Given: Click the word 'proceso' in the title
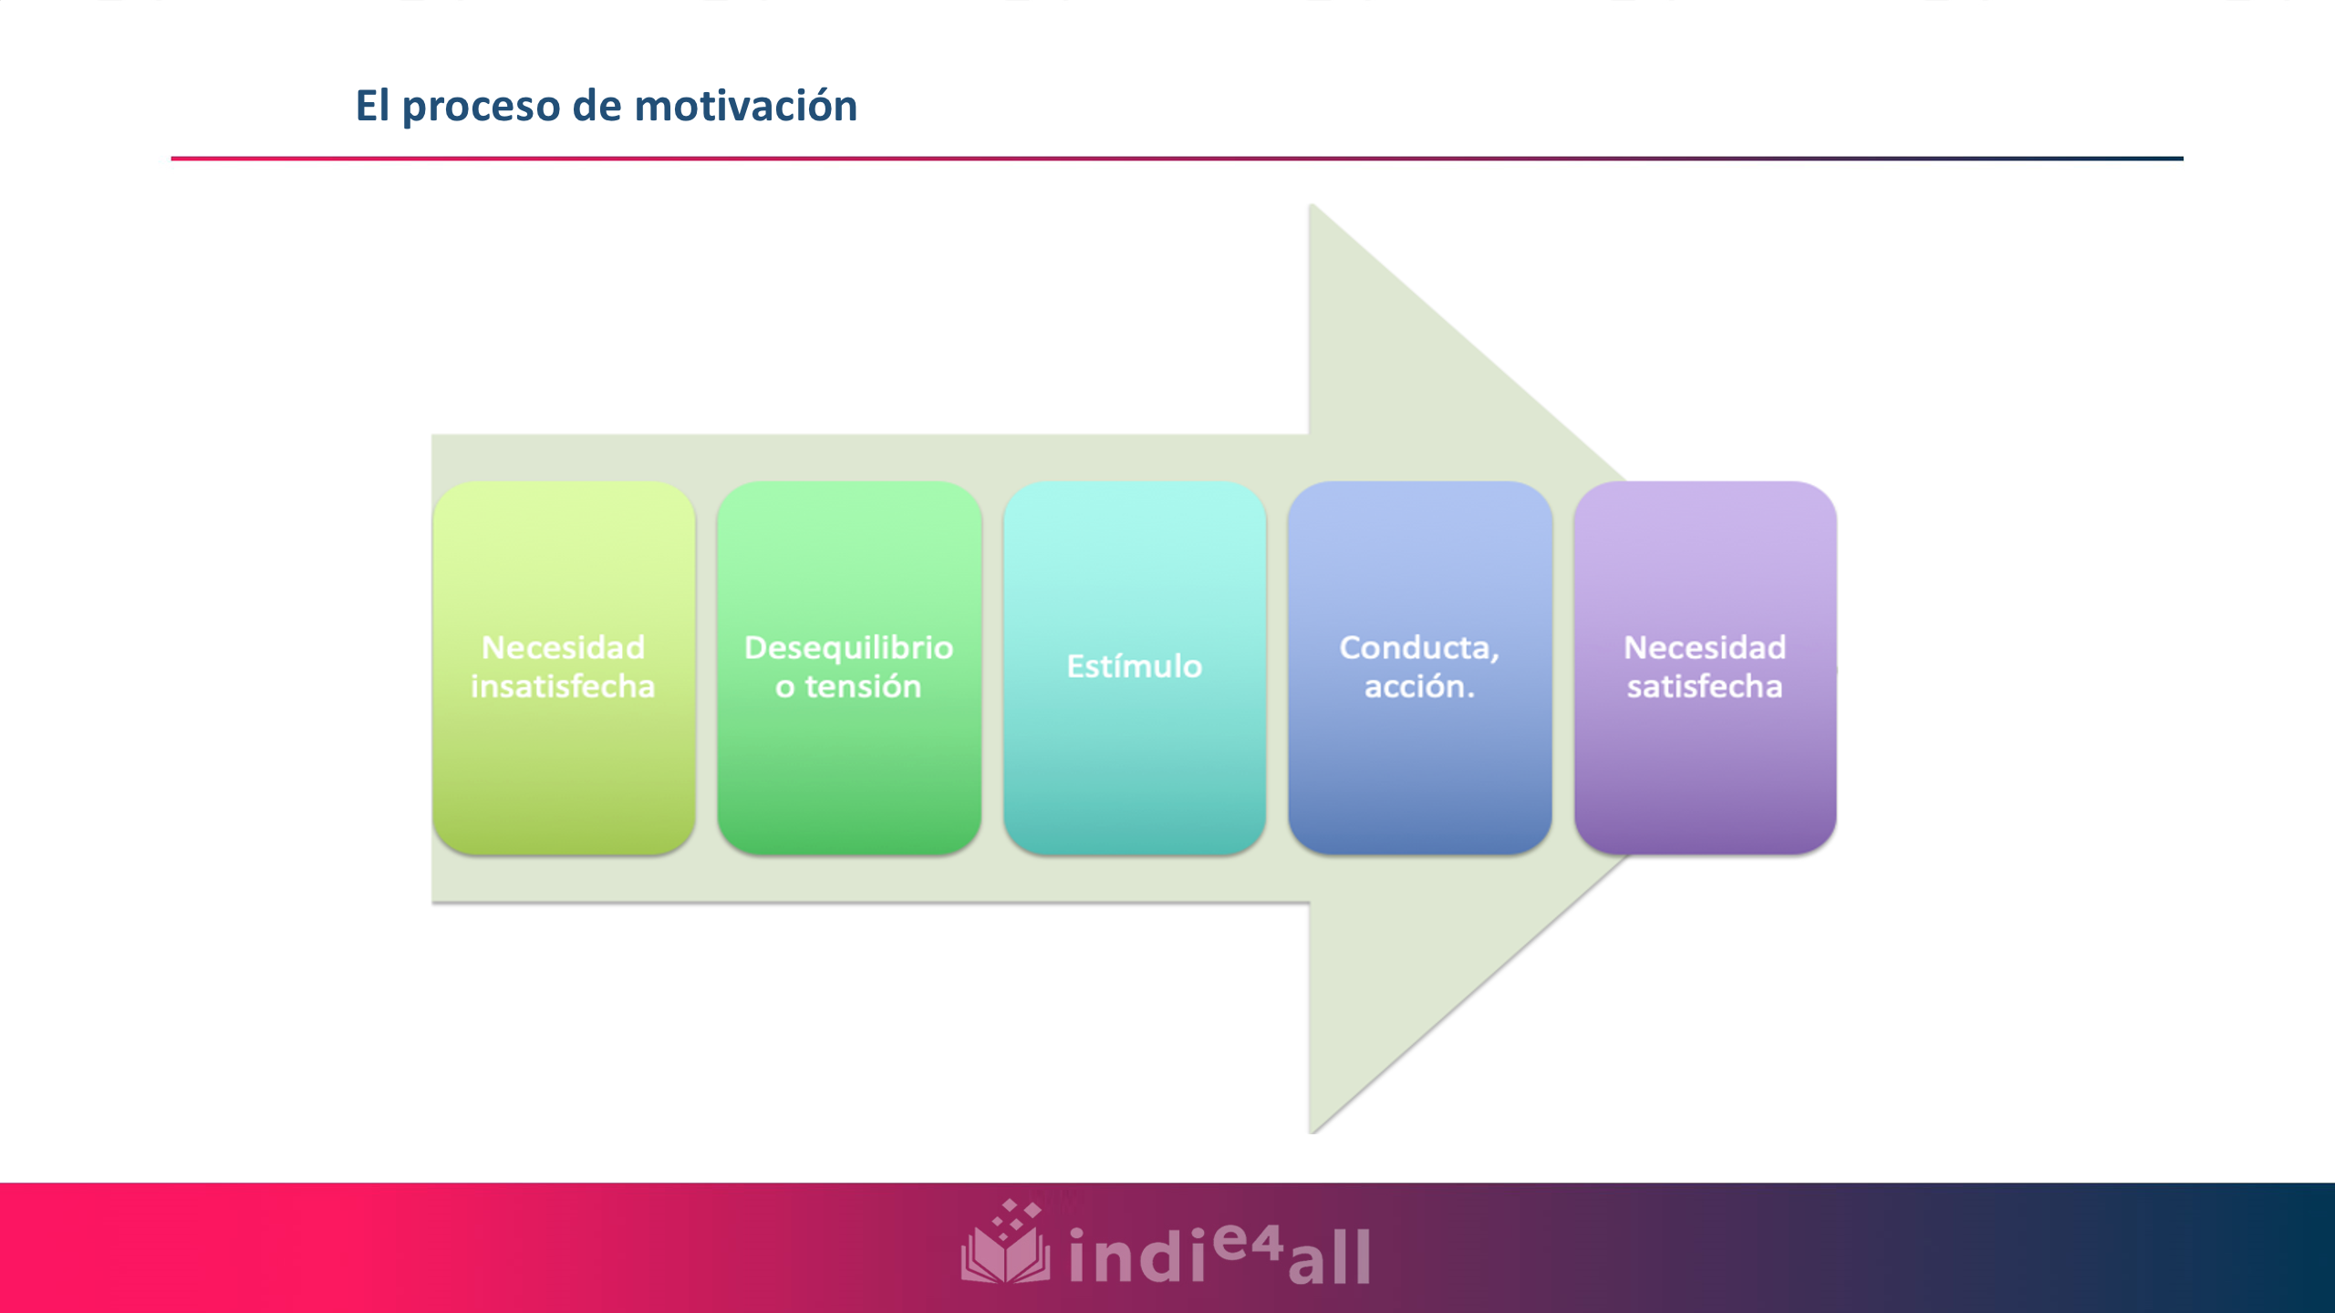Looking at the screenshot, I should pyautogui.click(x=481, y=107).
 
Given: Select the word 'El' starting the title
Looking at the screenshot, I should pyautogui.click(x=372, y=105).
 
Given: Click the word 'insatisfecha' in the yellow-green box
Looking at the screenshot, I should pyautogui.click(x=563, y=686).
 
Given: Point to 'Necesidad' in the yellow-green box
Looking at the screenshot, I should pyautogui.click(x=563, y=647).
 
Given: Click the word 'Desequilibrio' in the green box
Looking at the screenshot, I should pyautogui.click(x=848, y=647).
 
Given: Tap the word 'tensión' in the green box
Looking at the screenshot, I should pyautogui.click(x=863, y=686).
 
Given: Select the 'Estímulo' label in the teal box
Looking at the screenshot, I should pyautogui.click(x=1134, y=666).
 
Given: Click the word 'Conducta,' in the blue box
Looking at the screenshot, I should pyautogui.click(x=1419, y=647).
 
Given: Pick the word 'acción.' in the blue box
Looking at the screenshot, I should pyautogui.click(x=1419, y=686).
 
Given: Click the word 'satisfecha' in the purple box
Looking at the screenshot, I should pyautogui.click(x=1704, y=686).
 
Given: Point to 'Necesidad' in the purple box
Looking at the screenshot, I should pyautogui.click(x=1704, y=647).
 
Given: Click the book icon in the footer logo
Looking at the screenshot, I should pyautogui.click(x=1005, y=1246).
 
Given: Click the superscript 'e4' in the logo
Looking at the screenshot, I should pyautogui.click(x=1248, y=1241).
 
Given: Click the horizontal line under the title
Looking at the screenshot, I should pyautogui.click(x=1177, y=159).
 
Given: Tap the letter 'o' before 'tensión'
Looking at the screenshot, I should pyautogui.click(x=784, y=687).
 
